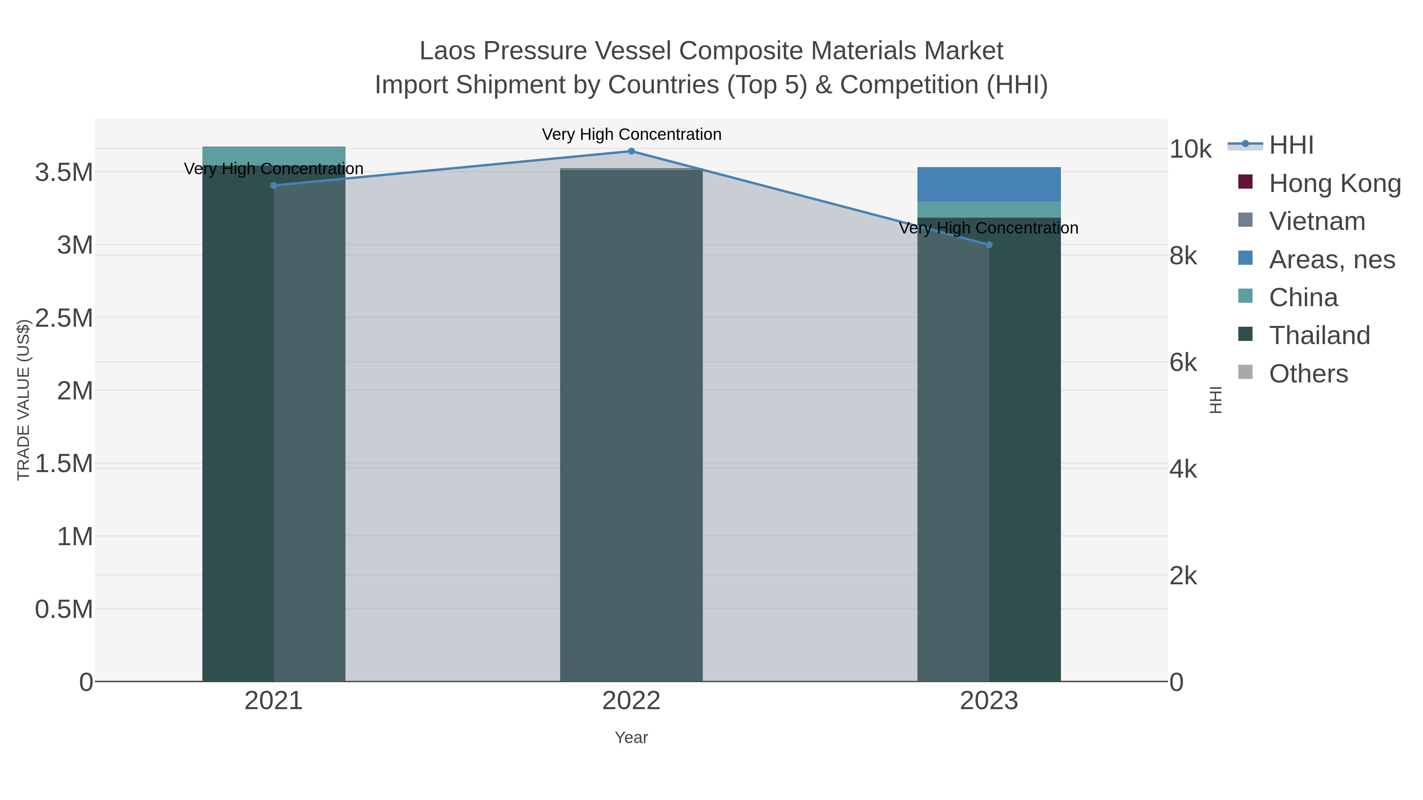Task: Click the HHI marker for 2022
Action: tap(631, 151)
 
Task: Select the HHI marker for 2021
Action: tap(274, 186)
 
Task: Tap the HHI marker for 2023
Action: tap(989, 245)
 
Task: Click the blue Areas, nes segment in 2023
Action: tap(989, 184)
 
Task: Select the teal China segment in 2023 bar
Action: tap(989, 209)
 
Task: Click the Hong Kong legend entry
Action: tap(1334, 183)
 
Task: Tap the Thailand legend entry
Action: tap(1319, 335)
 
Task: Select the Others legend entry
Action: tap(1308, 374)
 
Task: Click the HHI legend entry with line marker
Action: tap(1291, 145)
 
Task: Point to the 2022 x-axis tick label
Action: tap(631, 700)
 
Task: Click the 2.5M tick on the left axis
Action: tap(64, 318)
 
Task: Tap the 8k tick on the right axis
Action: tap(1183, 256)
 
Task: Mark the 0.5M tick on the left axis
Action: tap(64, 610)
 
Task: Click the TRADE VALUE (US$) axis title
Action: tap(23, 400)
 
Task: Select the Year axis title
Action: tap(631, 738)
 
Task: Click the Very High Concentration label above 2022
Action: tap(631, 134)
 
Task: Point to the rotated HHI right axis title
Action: tap(1215, 400)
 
